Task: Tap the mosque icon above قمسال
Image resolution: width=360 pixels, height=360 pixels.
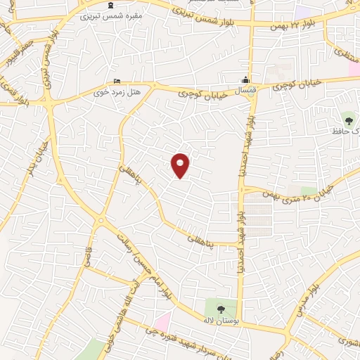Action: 245,79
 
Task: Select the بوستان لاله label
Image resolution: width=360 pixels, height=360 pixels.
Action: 221,320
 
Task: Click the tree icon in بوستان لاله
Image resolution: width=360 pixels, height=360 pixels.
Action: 221,308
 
